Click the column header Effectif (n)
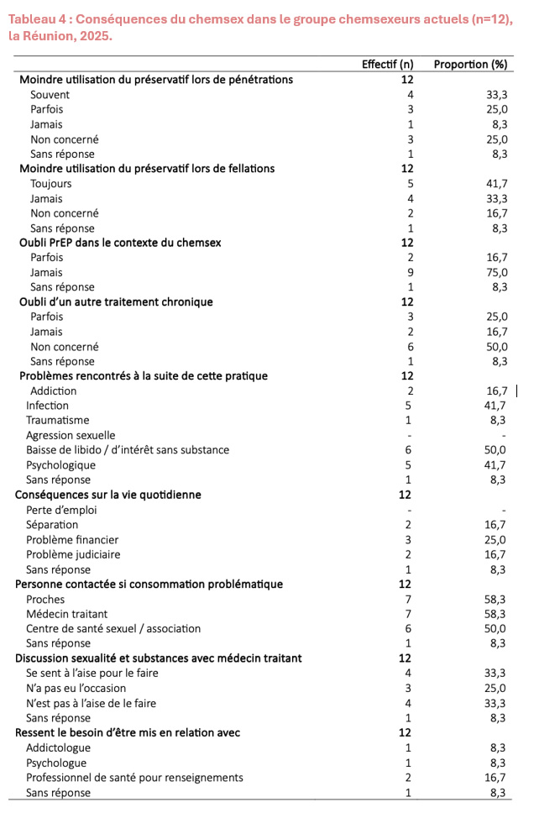[x=387, y=65]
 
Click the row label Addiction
[x=53, y=391]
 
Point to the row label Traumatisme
[x=57, y=420]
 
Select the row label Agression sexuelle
[x=71, y=435]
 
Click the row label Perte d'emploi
[x=62, y=510]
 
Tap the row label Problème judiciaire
[x=73, y=554]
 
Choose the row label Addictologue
[x=58, y=747]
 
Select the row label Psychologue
[x=56, y=763]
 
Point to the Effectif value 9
[x=408, y=272]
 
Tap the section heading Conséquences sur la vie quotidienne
[x=108, y=495]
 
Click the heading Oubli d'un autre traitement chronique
[x=116, y=302]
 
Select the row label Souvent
[x=50, y=94]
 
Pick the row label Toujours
[x=51, y=183]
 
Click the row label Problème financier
[x=72, y=539]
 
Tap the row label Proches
[x=45, y=600]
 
